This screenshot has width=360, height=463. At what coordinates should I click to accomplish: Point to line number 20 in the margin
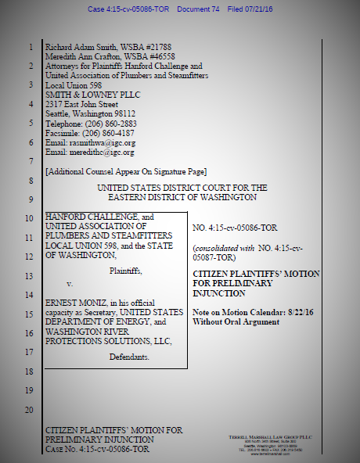(x=30, y=410)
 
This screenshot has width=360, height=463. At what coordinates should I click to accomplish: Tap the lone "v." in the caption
(x=69, y=282)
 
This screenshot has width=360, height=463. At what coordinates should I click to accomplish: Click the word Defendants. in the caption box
(x=130, y=355)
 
